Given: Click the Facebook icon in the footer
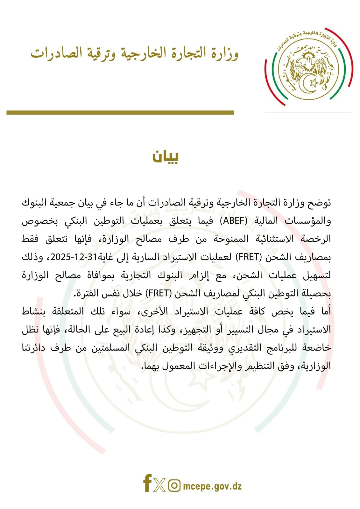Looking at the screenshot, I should tap(147, 483).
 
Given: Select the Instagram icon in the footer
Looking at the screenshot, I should tap(174, 485).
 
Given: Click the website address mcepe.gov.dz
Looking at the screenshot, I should tap(212, 486).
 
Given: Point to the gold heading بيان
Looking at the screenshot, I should tap(166, 156).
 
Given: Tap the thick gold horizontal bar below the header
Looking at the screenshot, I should tap(120, 113).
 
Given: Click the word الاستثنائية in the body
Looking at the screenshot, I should tap(275, 239).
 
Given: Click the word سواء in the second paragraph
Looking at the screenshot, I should tap(121, 311).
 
